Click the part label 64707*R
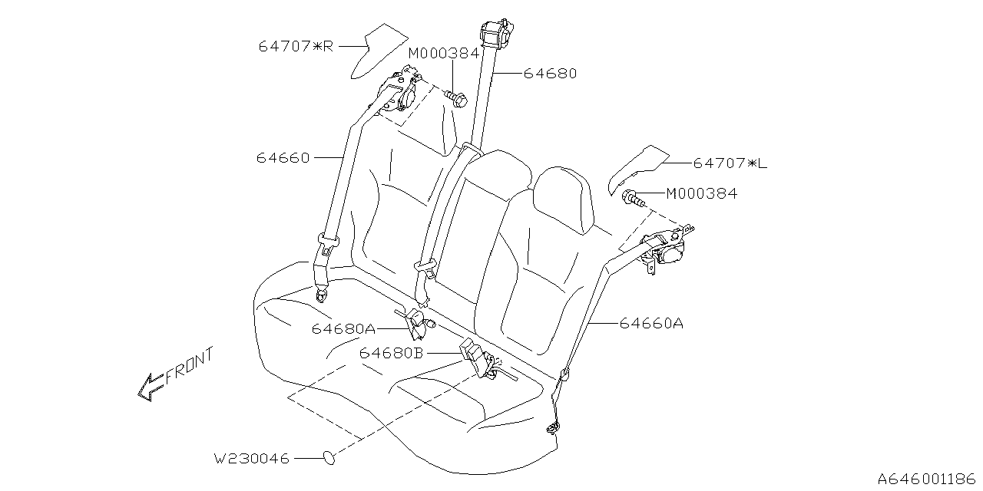296,46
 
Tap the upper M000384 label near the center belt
443,53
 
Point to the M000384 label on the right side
701,193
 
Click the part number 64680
550,74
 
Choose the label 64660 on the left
283,158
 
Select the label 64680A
343,328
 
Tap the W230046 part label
252,459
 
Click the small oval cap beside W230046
329,458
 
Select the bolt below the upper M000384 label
457,98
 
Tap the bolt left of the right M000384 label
633,197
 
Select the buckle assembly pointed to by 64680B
477,359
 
